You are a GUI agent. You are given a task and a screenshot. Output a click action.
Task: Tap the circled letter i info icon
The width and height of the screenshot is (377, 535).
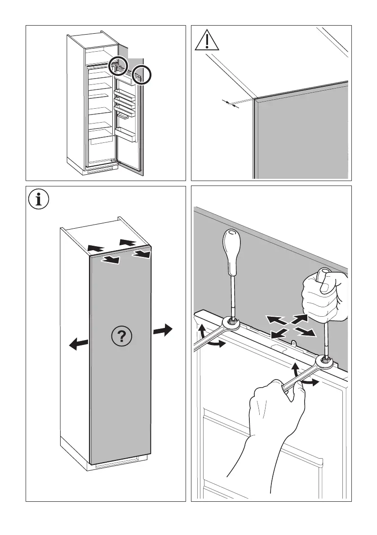tap(40, 199)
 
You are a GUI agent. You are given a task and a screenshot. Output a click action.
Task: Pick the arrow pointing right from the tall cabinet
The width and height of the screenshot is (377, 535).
tap(162, 331)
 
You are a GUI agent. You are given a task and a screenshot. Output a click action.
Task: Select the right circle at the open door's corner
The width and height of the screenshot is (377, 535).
tap(142, 75)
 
